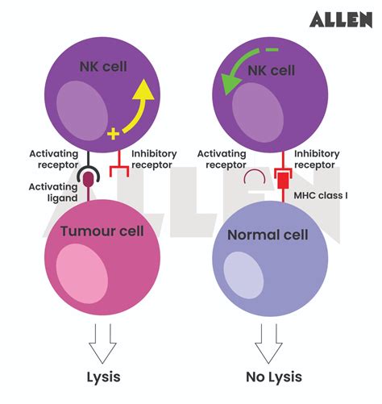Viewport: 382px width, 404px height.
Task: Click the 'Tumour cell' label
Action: coord(102,231)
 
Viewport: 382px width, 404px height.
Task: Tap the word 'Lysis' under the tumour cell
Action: coord(104,377)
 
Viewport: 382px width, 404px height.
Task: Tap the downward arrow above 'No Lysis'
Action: coord(268,342)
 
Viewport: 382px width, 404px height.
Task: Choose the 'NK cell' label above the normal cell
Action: coord(271,70)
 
